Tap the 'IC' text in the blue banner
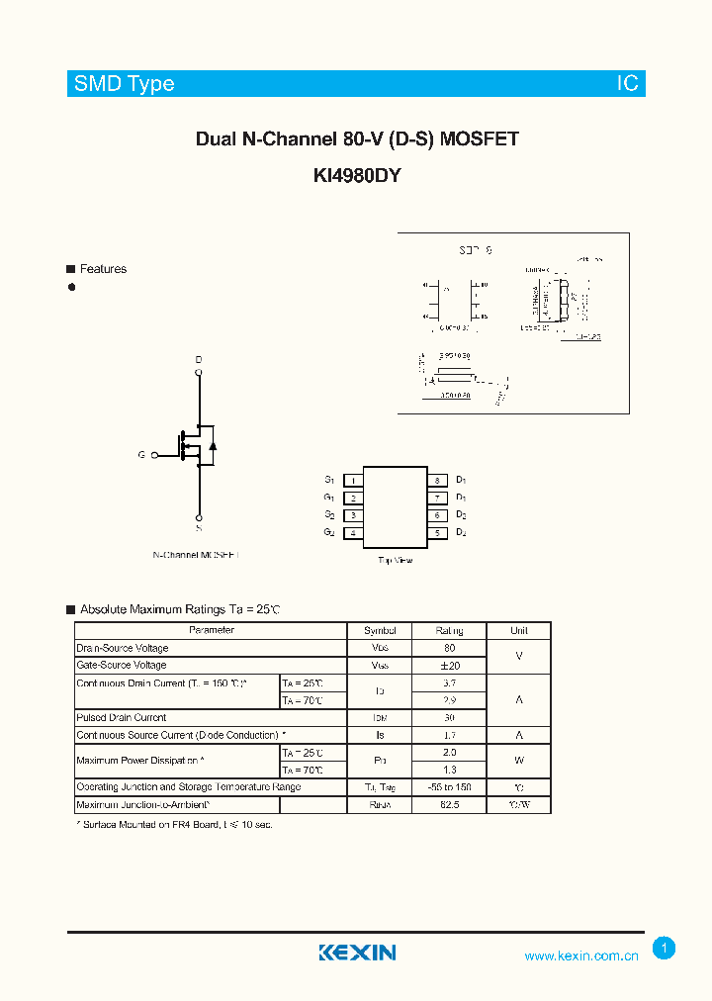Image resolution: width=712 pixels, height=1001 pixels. (628, 84)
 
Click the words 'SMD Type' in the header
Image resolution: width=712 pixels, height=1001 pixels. (125, 84)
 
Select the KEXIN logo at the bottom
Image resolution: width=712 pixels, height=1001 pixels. (357, 953)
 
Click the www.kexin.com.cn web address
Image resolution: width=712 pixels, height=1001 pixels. (581, 955)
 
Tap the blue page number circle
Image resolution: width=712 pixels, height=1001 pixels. (665, 949)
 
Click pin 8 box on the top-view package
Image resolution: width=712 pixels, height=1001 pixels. (436, 481)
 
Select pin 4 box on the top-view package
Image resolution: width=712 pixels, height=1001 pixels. (353, 533)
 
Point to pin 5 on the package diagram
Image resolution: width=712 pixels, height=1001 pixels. (436, 533)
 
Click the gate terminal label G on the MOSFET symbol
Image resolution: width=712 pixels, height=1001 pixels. (141, 455)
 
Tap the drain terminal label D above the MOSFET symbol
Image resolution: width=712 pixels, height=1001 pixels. (199, 359)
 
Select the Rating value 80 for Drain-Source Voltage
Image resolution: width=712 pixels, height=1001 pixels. (449, 648)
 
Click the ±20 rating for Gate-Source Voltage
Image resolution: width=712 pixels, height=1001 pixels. (449, 666)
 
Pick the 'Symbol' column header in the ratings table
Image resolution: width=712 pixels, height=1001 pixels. (380, 630)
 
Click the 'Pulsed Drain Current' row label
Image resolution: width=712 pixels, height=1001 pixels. (122, 717)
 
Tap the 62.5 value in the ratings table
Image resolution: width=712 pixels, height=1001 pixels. (449, 805)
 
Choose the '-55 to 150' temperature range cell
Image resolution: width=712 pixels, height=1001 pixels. (449, 787)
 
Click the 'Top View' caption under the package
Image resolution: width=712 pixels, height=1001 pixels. (396, 560)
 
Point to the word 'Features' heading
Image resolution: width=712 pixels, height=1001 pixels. (103, 269)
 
